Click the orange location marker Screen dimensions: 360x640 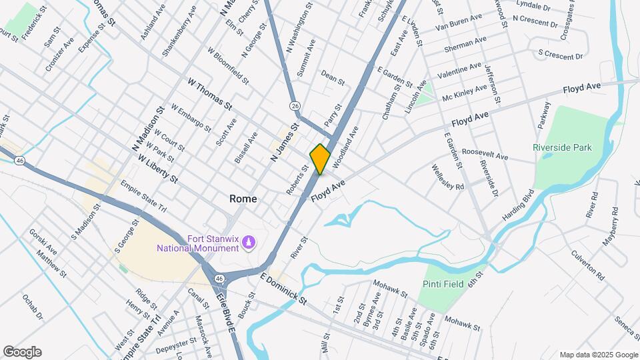tap(320, 159)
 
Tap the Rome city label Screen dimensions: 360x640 tap(243, 199)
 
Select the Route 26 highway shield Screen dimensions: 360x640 tap(294, 106)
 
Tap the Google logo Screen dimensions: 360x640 tap(22, 352)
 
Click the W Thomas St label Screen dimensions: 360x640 tap(210, 95)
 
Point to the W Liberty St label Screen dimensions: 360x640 tap(158, 169)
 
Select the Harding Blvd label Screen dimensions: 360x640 tap(519, 207)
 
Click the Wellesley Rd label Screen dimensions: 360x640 tap(447, 177)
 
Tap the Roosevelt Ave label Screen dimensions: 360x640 tap(485, 155)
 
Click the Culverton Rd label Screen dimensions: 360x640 tap(587, 265)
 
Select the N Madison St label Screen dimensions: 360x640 tap(147, 129)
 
